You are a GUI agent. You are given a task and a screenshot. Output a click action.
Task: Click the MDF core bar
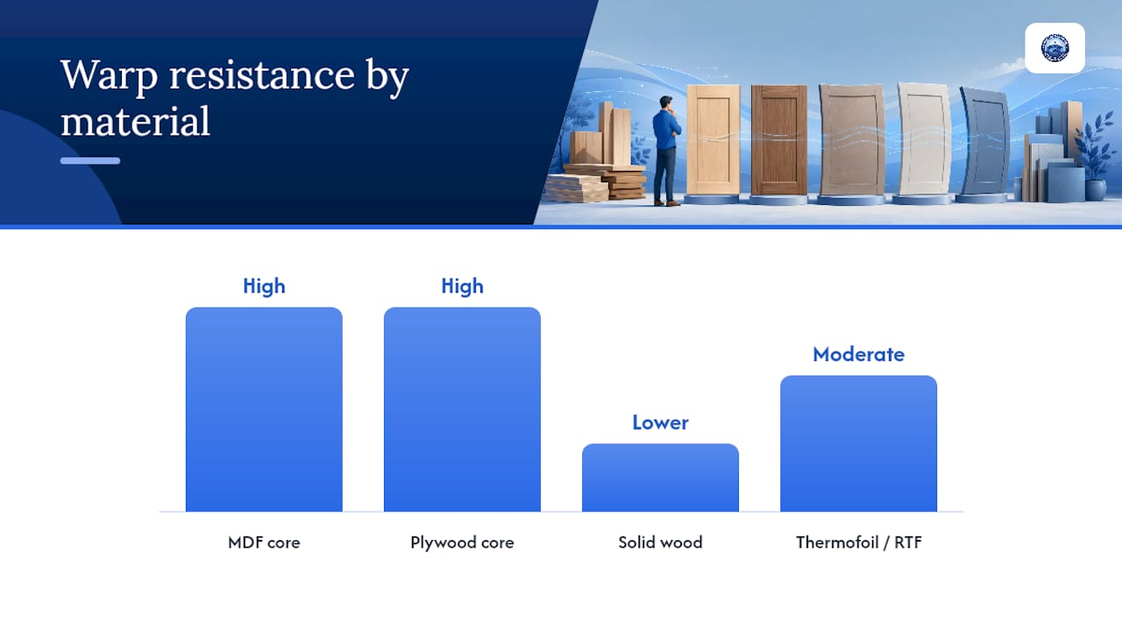(264, 409)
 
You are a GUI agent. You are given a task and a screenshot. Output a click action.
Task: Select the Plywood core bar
(462, 409)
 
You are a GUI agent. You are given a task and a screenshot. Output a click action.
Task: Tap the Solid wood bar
(660, 478)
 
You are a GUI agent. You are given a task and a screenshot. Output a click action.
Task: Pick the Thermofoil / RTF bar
(858, 443)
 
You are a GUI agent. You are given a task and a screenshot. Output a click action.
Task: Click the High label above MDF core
(264, 287)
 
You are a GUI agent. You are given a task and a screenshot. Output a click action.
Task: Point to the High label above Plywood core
(462, 287)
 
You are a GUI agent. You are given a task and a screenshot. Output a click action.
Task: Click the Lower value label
(660, 422)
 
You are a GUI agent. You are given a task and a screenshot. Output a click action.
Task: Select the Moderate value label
(858, 355)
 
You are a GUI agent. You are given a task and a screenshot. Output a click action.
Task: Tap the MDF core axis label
(264, 542)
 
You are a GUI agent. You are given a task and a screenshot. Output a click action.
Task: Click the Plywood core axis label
(462, 542)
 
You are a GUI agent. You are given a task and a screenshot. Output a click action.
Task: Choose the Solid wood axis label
(660, 542)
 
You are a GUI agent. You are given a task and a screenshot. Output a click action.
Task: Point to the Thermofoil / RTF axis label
(858, 542)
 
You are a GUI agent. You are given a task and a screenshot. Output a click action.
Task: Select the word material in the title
(135, 121)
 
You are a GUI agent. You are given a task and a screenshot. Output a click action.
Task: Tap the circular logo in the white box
(1055, 48)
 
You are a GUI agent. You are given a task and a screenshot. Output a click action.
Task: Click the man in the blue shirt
(667, 151)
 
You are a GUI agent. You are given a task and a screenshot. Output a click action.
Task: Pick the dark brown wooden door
(779, 139)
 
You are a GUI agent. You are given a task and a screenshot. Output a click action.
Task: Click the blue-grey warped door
(984, 142)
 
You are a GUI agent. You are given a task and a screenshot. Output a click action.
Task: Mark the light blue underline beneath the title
(90, 160)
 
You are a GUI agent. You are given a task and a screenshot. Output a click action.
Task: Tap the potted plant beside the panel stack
(1097, 156)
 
